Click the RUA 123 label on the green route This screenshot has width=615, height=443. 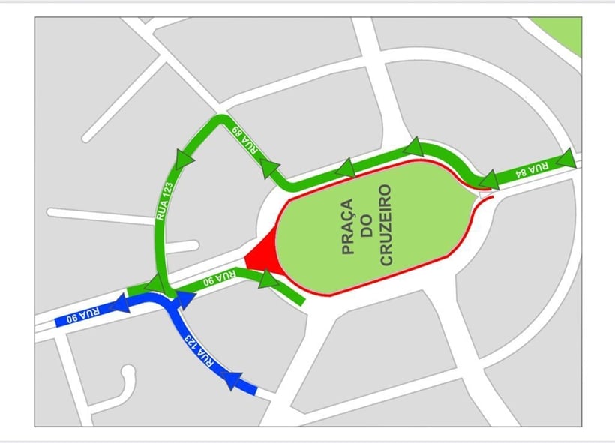coord(166,202)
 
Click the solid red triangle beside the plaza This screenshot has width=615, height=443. coord(262,256)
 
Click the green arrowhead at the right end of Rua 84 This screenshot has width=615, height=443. coord(565,158)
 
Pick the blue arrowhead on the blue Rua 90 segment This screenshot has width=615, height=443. coord(120,304)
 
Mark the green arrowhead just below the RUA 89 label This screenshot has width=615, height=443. coord(269,169)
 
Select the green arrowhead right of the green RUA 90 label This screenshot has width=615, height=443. coord(268,280)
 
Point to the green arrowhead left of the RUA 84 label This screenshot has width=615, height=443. coord(489,179)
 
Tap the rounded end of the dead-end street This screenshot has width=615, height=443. coord(128,373)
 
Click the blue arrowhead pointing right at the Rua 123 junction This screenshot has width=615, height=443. coord(184,300)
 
